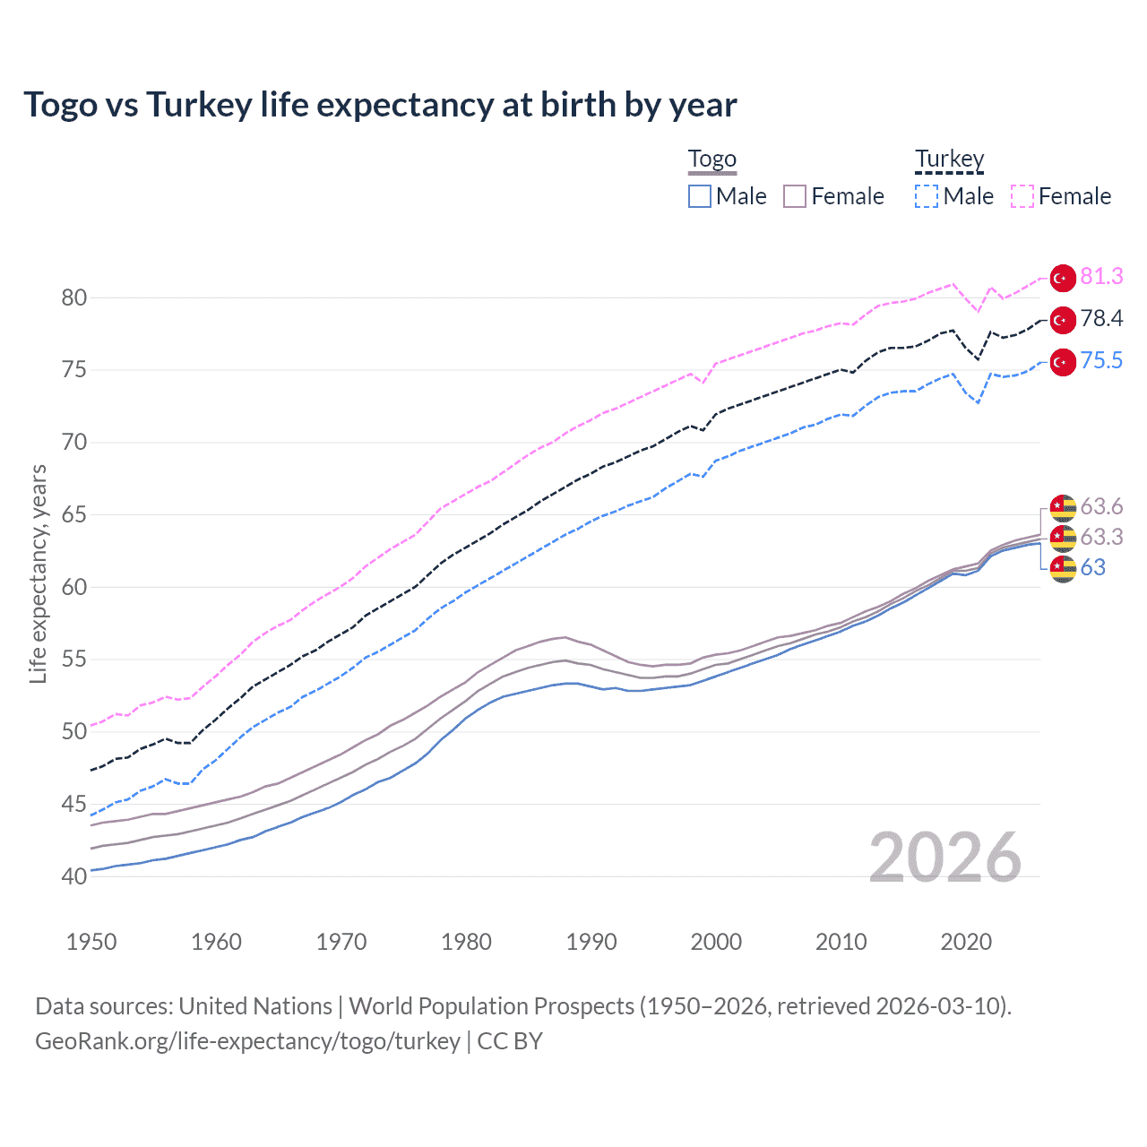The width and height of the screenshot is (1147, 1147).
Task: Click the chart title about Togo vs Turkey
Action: coord(380,105)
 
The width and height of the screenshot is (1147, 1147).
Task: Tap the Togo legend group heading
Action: coord(711,160)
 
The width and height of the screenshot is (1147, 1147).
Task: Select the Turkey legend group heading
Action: coord(949,160)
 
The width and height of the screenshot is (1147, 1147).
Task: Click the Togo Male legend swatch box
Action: coord(700,196)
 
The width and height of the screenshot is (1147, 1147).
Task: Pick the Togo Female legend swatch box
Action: coord(795,196)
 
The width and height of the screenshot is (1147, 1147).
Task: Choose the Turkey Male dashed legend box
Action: coord(927,196)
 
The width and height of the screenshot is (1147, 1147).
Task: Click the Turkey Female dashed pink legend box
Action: coord(1022,196)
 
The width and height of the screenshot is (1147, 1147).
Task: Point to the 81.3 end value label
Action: coord(1101,277)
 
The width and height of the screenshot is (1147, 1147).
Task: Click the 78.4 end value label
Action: coord(1101,319)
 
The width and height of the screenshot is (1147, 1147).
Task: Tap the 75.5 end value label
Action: coord(1101,361)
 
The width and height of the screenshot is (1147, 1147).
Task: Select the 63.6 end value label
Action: coord(1101,507)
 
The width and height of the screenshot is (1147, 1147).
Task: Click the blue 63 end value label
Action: coord(1092,568)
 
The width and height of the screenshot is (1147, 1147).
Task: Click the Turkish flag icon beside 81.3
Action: coord(1063,278)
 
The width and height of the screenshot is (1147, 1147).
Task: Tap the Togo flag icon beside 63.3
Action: coord(1063,538)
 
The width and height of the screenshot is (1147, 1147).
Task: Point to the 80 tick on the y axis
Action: coord(74,298)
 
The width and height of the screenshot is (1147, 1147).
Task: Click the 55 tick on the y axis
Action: coord(74,660)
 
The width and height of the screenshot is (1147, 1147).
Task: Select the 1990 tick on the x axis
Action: coord(591,942)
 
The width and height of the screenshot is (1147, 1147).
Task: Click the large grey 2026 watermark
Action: coord(945,858)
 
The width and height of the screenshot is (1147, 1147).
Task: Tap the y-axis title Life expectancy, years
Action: coord(39,573)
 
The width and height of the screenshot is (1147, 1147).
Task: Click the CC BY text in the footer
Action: coord(510,1041)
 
